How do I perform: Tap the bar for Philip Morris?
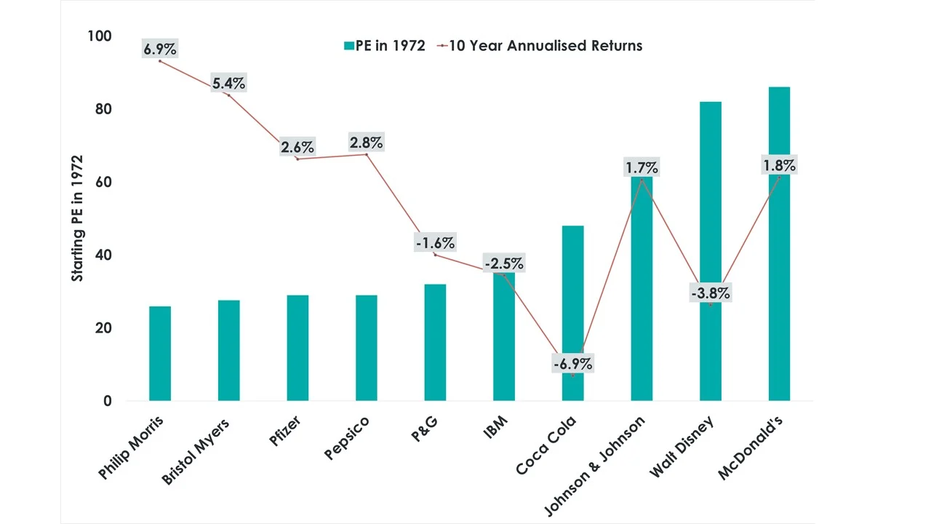159,354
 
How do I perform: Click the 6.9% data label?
160,49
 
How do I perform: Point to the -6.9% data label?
572,363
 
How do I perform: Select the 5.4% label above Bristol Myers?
229,84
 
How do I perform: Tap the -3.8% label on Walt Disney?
710,294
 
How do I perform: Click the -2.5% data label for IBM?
504,263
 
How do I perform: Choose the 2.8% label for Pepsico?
366,142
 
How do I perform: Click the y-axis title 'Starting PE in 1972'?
77,218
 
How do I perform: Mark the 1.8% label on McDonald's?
779,165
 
